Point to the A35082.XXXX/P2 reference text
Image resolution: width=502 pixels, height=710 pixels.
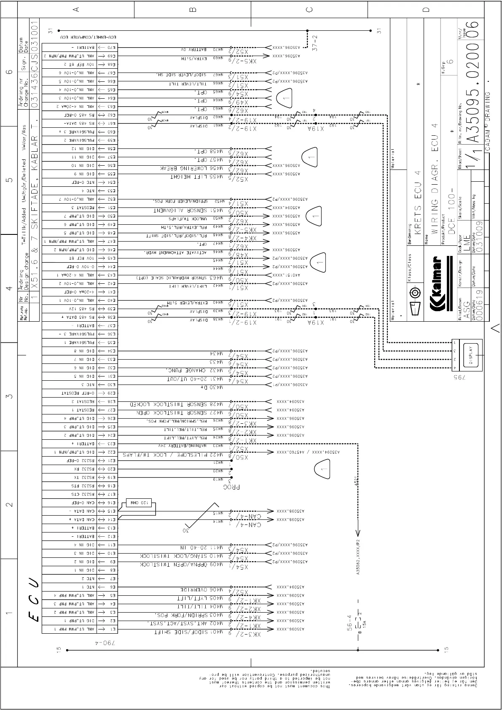point(358,557)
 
